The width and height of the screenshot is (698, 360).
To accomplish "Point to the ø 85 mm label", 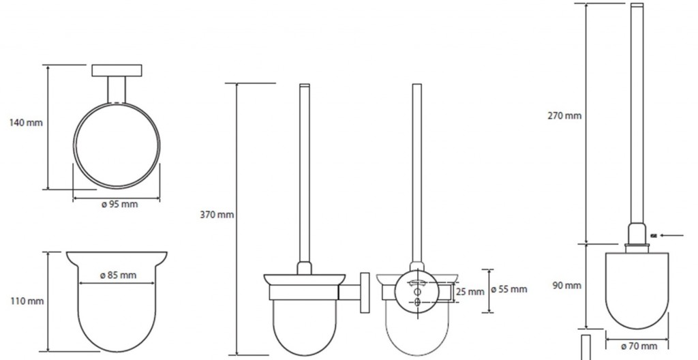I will tap(117, 275).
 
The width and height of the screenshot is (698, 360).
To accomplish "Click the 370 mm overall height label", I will tap(217, 215).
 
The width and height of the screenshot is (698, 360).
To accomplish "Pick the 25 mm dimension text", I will tap(470, 292).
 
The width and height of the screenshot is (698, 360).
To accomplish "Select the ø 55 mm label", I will tap(509, 289).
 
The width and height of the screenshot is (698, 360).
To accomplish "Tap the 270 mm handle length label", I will tap(564, 116).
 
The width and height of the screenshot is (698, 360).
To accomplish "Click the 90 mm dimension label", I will tap(567, 285).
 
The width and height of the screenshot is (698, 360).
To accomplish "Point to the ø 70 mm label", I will tap(639, 346).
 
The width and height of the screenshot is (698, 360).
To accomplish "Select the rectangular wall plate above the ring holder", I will tap(117, 70).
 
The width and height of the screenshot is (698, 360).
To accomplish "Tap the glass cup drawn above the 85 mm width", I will tap(117, 307).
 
